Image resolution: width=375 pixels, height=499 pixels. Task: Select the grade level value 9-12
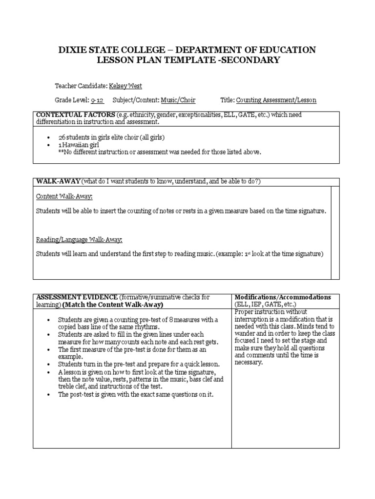96,100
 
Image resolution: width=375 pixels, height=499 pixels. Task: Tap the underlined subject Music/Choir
178,100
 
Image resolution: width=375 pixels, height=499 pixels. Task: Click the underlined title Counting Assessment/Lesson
276,100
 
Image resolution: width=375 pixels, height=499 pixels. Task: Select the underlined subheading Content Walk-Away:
64,196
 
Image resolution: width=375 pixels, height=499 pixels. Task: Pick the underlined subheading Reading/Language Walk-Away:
79,239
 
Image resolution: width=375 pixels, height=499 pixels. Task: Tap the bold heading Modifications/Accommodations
283,297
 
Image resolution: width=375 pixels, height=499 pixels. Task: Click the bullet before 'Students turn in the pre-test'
49,364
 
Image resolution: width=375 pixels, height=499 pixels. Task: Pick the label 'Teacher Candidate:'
81,85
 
